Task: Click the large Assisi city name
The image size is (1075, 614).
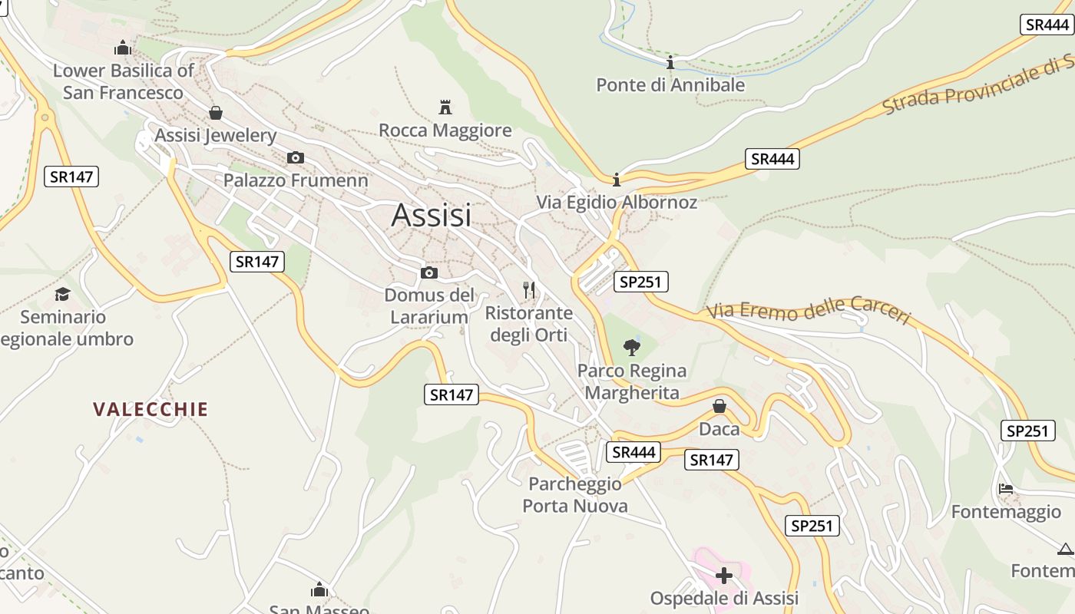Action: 431,216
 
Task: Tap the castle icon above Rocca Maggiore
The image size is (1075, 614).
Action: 445,107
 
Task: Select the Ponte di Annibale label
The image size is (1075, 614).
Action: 670,85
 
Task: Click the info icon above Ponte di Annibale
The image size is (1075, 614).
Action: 670,62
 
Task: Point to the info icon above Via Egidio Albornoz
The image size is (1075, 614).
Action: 616,180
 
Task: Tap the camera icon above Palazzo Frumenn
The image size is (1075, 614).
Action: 295,158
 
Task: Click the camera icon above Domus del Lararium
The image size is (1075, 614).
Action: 429,272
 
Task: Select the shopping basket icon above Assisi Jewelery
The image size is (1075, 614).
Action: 216,113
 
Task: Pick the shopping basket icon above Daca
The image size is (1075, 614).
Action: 719,406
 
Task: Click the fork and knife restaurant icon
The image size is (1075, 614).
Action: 528,290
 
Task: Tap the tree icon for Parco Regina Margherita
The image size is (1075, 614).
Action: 632,348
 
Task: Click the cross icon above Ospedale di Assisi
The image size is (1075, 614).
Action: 724,575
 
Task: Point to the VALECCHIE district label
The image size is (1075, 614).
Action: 150,409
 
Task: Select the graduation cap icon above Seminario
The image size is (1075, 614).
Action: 63,294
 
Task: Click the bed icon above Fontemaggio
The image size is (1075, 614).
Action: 1006,488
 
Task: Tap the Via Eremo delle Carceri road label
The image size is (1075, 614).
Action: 809,310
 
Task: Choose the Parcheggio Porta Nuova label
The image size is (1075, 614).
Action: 575,495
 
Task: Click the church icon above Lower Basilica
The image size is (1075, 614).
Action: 122,48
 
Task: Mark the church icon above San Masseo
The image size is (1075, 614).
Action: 319,589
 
